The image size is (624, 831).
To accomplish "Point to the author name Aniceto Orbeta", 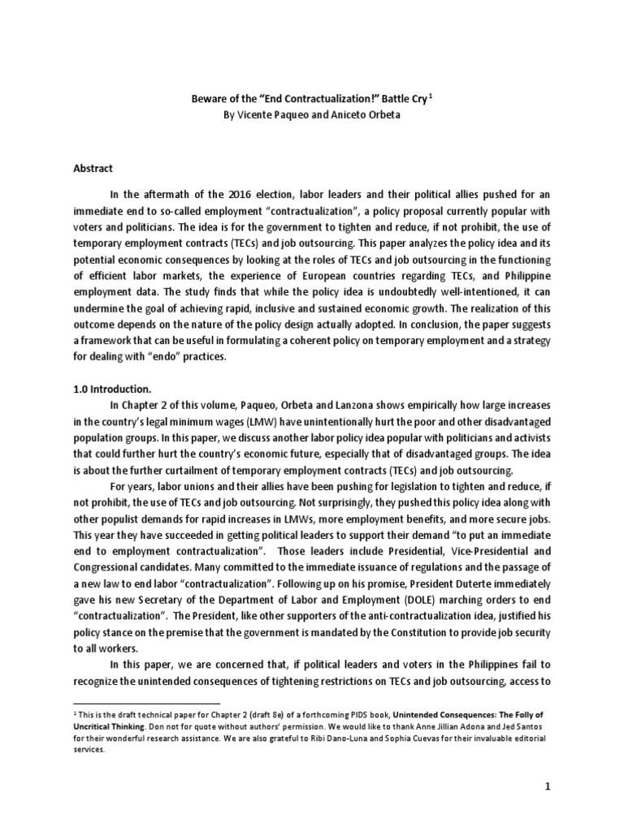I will point(370,115).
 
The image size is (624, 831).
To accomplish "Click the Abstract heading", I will point(93,169).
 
